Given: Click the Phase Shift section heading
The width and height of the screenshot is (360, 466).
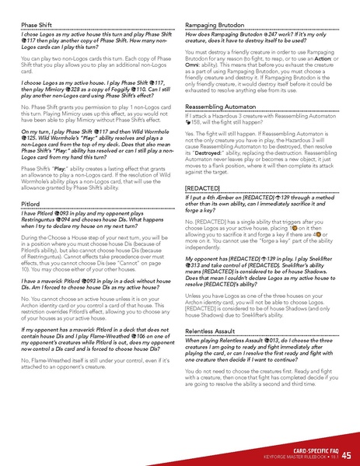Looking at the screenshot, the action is coord(37,24).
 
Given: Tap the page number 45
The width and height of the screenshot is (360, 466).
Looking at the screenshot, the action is coord(346,455).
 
